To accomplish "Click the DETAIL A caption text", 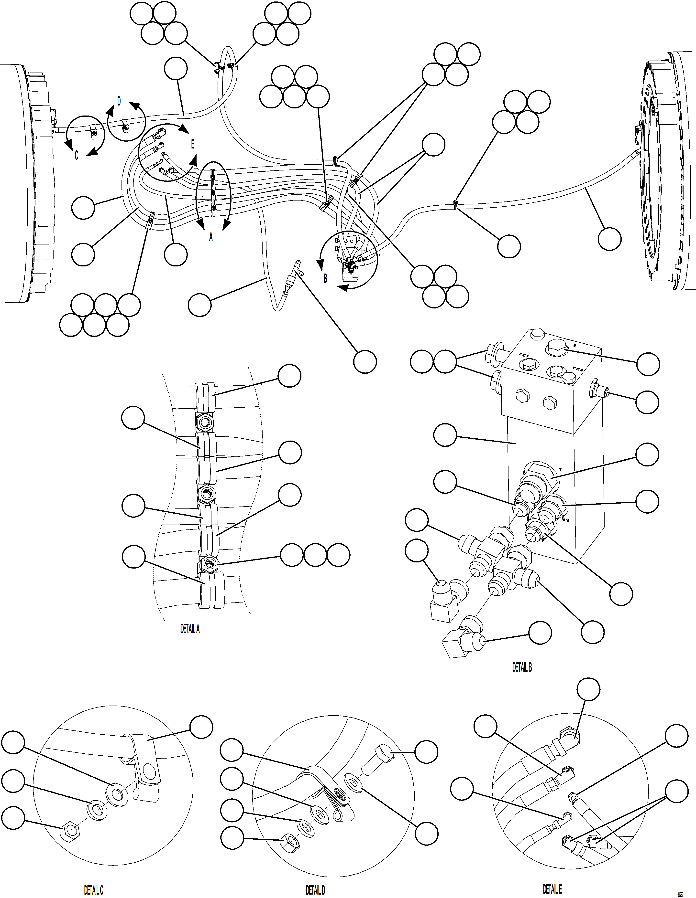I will [x=190, y=629].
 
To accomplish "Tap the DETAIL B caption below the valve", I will [x=522, y=668].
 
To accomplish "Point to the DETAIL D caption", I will [x=315, y=887].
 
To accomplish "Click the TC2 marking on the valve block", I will [x=578, y=369].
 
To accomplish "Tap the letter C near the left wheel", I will [x=76, y=157].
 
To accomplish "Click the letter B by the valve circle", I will [x=325, y=278].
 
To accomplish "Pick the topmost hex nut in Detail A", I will [x=204, y=422].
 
